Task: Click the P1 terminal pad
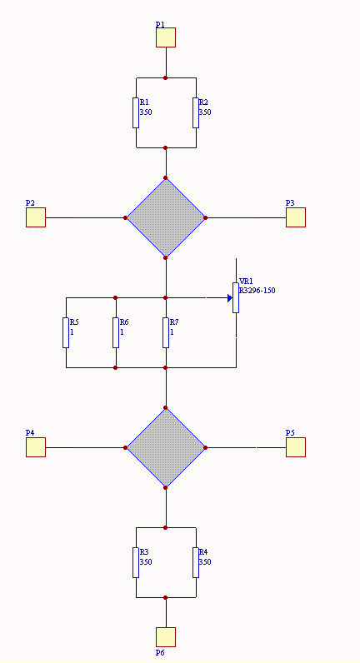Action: (x=165, y=37)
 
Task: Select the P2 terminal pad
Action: (x=36, y=217)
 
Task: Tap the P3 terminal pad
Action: (x=295, y=217)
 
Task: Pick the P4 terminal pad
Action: (x=36, y=447)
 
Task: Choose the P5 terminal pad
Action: (x=295, y=447)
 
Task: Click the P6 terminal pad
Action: (x=165, y=637)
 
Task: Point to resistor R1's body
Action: (x=135, y=113)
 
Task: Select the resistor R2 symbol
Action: (x=196, y=113)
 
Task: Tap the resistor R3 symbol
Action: (x=135, y=562)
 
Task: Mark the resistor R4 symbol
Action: (x=196, y=562)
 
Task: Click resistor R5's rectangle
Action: (x=66, y=333)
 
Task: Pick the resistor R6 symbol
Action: (x=116, y=333)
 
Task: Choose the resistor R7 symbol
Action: (x=165, y=333)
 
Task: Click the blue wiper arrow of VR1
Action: (x=230, y=298)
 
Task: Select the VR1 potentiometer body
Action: (x=236, y=297)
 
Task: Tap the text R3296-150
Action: (x=257, y=291)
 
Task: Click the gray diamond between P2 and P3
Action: (x=166, y=217)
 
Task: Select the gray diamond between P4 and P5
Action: (x=166, y=447)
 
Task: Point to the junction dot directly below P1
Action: (x=165, y=77)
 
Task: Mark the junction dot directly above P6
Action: (x=165, y=597)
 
